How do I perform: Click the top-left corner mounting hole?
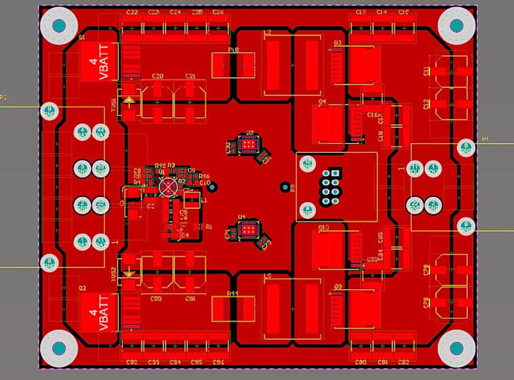[x=58, y=26]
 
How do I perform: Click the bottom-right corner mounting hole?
[x=456, y=349]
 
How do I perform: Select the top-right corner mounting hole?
[x=456, y=26]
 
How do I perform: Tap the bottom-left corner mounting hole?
[x=58, y=349]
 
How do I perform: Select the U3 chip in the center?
[x=247, y=144]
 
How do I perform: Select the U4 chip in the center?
[x=247, y=229]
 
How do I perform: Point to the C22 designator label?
[x=132, y=13]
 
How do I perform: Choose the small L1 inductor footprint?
[x=192, y=200]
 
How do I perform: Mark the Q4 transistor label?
[x=322, y=101]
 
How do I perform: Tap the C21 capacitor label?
[x=190, y=76]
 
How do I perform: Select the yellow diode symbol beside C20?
[x=130, y=98]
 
